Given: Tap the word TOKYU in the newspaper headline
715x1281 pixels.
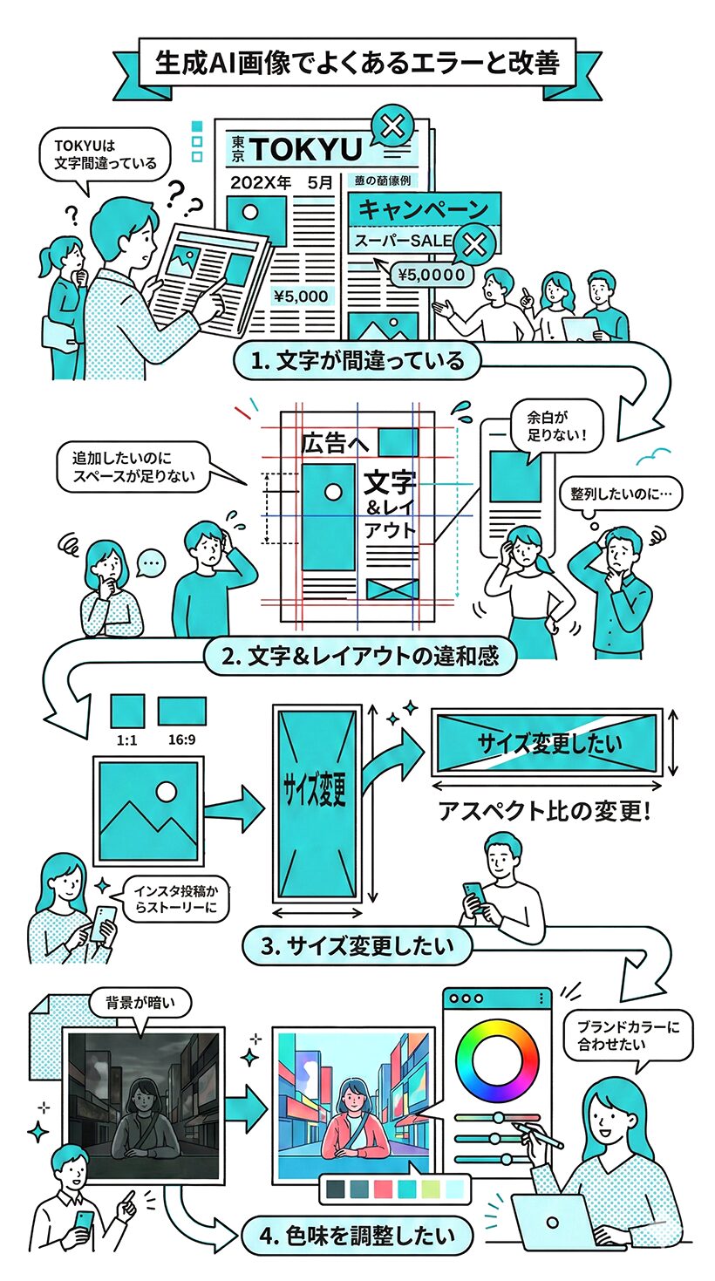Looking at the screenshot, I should (x=304, y=150).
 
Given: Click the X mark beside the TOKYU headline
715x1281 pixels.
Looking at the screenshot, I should (x=393, y=128).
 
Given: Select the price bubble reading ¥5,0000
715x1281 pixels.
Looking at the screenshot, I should (x=432, y=276).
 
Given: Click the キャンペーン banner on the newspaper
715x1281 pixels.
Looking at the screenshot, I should (x=424, y=210).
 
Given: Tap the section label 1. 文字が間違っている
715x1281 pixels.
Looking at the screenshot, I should (x=357, y=360).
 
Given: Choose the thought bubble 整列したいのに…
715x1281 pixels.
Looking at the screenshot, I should (x=621, y=494).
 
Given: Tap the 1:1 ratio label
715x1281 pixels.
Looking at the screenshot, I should (x=126, y=740).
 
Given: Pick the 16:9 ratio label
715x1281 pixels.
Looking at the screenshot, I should (x=181, y=740).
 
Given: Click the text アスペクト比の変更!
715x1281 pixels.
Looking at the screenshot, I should (x=544, y=812).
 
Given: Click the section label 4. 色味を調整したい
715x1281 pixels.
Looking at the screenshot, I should (x=358, y=1236).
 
